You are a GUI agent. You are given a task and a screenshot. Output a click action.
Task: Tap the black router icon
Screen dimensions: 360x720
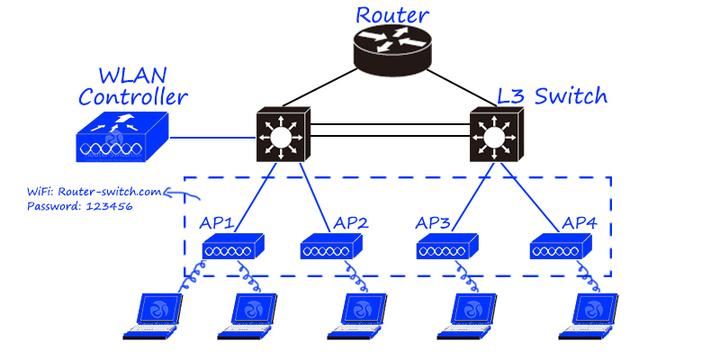pyautogui.click(x=394, y=52)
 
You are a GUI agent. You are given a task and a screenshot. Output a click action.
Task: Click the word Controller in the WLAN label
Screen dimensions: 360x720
pyautogui.click(x=133, y=96)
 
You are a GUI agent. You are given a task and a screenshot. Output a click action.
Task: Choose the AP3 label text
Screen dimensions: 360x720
pyautogui.click(x=437, y=222)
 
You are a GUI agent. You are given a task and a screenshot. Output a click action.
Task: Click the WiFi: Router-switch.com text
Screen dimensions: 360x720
pyautogui.click(x=94, y=191)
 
